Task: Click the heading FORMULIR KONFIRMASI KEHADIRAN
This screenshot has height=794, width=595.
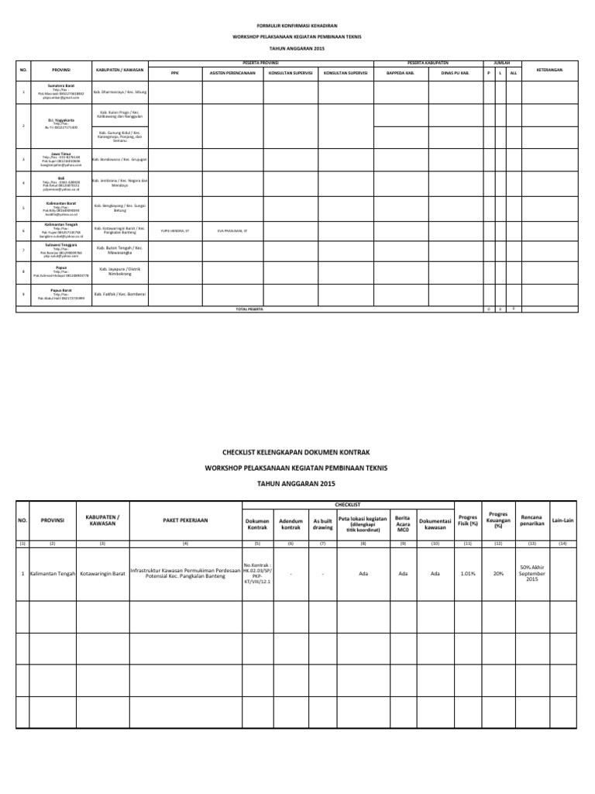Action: click(297, 26)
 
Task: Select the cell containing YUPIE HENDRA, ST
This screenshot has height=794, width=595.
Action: click(174, 230)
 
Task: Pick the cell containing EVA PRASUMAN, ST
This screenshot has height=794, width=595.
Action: click(232, 230)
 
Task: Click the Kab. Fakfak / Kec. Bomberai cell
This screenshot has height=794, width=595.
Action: click(119, 295)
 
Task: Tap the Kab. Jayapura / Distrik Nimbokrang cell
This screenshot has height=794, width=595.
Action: click(119, 272)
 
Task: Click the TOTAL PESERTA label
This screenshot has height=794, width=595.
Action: click(249, 309)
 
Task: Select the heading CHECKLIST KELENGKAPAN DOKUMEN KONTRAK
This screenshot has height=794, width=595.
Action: click(297, 451)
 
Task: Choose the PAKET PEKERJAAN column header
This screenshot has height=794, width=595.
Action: click(184, 520)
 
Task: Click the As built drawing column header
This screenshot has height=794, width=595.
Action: click(322, 523)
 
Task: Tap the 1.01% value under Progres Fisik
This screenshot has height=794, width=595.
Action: click(468, 574)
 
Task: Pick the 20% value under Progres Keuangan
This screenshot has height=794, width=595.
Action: click(498, 574)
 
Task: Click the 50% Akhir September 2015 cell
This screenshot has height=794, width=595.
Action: click(531, 573)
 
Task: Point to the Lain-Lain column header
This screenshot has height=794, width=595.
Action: click(562, 520)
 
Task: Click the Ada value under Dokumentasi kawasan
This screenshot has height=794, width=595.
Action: click(435, 574)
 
